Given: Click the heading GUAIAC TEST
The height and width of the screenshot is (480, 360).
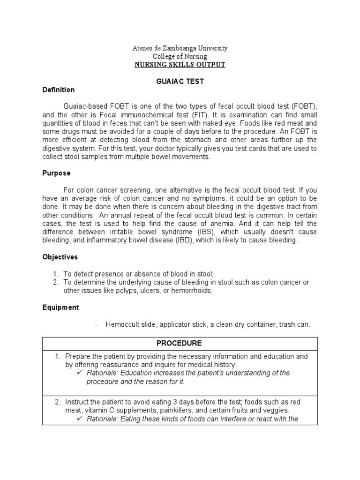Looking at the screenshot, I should point(180,81).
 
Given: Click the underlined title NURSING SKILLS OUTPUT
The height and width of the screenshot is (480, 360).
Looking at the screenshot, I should point(180,65).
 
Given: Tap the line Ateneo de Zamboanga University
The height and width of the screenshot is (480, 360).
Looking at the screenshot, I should point(180,48).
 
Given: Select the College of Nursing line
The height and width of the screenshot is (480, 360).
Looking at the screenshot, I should point(180,57).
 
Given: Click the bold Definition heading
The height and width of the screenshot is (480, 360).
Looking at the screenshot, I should point(59,90).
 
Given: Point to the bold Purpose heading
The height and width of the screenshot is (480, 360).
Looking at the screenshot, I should point(57,173).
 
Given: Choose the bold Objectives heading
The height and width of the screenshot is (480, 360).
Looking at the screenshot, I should point(60,257).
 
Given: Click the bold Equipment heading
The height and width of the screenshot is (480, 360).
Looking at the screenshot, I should point(60,308).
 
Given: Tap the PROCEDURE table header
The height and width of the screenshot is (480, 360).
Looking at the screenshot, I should point(180,343).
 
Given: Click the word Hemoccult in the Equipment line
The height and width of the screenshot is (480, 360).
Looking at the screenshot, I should point(121,325).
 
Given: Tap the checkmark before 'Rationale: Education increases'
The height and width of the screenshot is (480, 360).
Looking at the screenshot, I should point(80,373).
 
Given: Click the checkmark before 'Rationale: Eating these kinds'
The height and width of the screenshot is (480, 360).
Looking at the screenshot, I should point(80,419).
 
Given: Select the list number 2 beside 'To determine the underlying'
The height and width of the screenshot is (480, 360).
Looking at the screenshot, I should point(55,283).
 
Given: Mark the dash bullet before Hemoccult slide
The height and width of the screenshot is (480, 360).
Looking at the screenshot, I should point(96,325).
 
